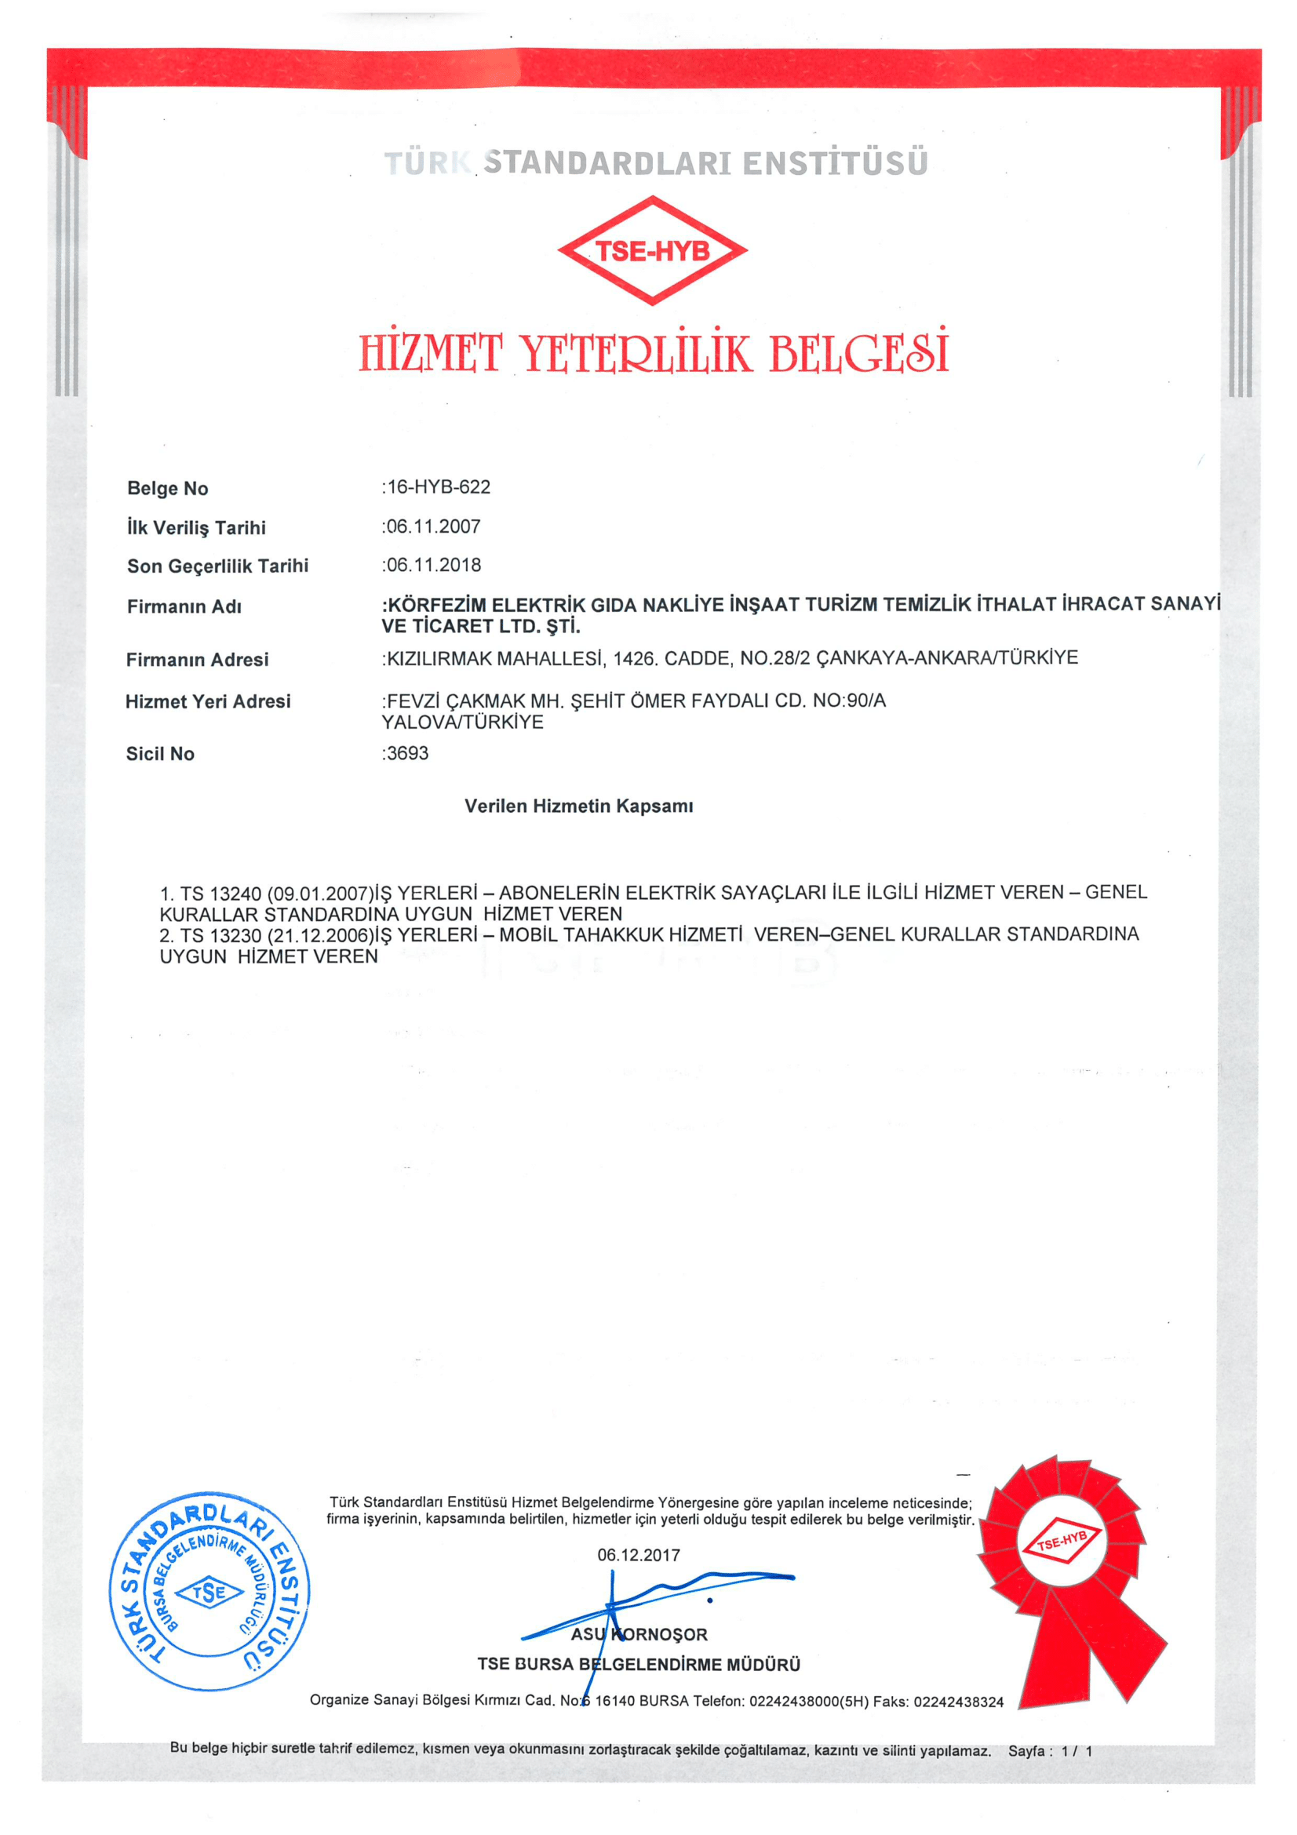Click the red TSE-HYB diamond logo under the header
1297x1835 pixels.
(x=652, y=250)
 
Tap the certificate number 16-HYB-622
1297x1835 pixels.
(x=439, y=486)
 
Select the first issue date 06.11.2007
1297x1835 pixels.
(x=434, y=526)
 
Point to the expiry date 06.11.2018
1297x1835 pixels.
(x=434, y=565)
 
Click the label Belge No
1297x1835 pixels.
(x=167, y=488)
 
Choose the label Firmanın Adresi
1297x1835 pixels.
(x=197, y=659)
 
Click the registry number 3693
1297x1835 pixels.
(x=407, y=753)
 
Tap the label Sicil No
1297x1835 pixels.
(x=160, y=754)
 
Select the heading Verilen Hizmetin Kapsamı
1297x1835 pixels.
(x=578, y=806)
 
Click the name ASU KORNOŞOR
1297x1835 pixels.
(x=639, y=1634)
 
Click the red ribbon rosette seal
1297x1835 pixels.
(x=1063, y=1554)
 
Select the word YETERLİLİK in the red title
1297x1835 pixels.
(x=636, y=353)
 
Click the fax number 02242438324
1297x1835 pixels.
(x=958, y=1702)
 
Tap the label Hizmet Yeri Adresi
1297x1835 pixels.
(x=208, y=701)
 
